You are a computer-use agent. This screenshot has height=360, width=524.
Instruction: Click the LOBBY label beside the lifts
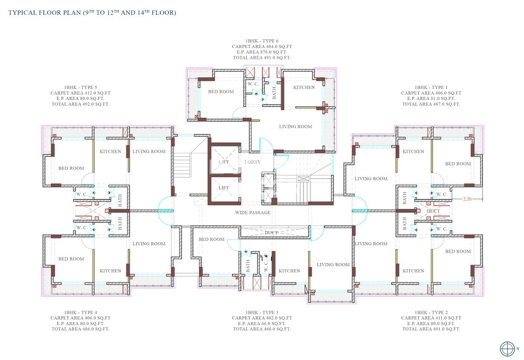[x=252, y=162]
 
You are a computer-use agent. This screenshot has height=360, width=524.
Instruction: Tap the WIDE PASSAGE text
[x=252, y=213]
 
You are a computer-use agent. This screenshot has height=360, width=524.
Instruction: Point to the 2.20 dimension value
[x=468, y=199]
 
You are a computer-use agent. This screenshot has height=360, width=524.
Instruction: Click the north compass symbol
[x=507, y=349]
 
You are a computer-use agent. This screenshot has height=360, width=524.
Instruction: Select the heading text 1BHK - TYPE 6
[x=262, y=41]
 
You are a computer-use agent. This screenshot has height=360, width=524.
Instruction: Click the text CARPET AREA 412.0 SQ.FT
[x=80, y=93]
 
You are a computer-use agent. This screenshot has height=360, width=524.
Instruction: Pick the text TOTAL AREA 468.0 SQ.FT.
[x=262, y=329]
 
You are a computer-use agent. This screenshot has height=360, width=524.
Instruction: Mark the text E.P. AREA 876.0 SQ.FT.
[x=262, y=52]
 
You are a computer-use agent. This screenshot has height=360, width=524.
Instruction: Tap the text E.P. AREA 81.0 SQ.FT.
[x=431, y=99]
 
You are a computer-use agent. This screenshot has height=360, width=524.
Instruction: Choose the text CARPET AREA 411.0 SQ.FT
[x=431, y=318]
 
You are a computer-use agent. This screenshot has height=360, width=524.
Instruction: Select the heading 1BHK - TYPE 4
[x=80, y=312]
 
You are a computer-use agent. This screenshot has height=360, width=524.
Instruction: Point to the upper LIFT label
[x=224, y=162]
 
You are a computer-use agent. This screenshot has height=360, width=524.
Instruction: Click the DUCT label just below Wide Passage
[x=271, y=233]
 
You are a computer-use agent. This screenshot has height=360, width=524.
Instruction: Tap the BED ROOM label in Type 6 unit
[x=221, y=92]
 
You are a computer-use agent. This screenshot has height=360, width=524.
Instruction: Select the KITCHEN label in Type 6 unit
[x=304, y=87]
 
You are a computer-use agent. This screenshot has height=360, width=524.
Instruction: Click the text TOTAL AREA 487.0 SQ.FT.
[x=431, y=104]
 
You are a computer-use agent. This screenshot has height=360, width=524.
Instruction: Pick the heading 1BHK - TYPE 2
[x=431, y=312]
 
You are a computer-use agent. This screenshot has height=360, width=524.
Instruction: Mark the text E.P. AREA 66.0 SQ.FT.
[x=262, y=324]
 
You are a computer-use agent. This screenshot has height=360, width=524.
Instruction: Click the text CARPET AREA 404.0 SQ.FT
[x=262, y=46]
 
